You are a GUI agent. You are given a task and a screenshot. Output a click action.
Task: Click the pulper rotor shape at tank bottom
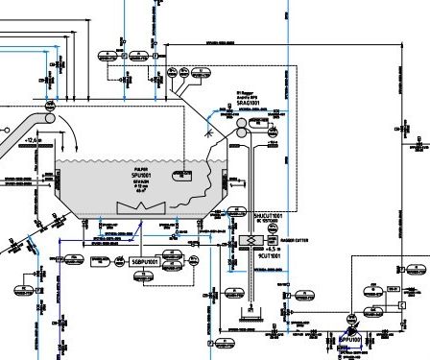(x=131, y=207)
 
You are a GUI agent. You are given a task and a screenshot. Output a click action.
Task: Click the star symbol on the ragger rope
(x=209, y=136)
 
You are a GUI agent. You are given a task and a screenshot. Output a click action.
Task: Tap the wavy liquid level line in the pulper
(x=125, y=159)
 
